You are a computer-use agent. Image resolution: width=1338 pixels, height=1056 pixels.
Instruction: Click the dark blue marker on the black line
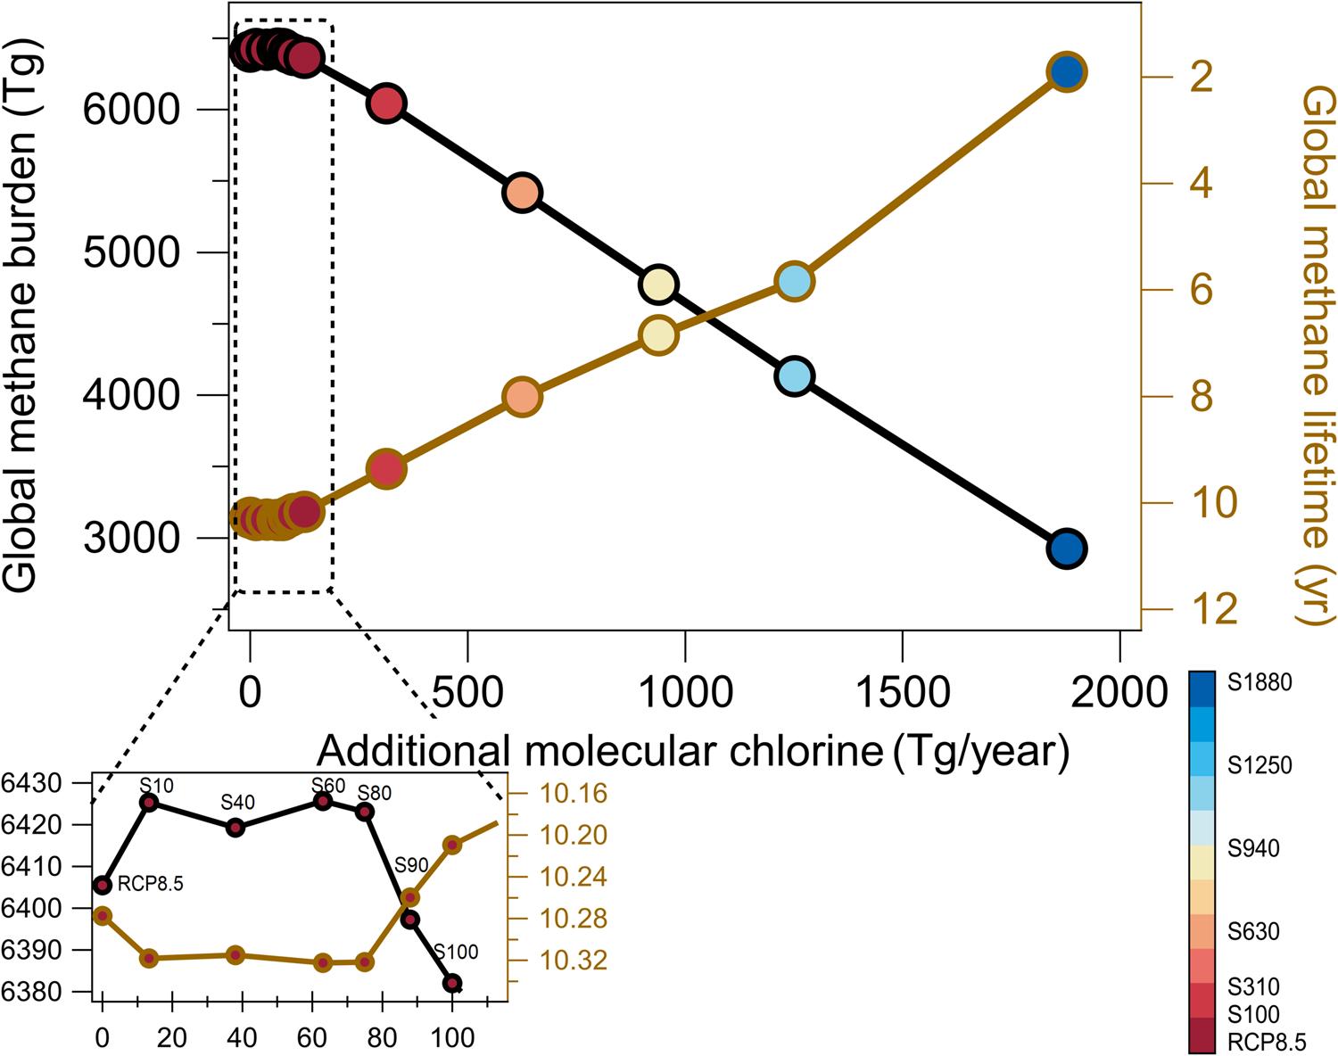1066,549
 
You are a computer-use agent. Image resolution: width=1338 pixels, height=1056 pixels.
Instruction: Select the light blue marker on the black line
794,375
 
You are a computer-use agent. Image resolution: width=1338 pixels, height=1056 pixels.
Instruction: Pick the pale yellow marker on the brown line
658,335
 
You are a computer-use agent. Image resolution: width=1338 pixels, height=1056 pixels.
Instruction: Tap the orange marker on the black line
523,192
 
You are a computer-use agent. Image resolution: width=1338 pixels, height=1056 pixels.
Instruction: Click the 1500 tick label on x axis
903,692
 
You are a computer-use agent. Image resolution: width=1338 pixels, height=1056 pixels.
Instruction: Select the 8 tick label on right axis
1201,396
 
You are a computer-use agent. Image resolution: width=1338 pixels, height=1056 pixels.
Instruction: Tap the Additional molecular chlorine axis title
692,751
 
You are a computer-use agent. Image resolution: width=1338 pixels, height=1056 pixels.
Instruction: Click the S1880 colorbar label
1259,683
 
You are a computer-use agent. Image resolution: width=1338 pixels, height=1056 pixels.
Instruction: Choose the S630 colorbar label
1252,932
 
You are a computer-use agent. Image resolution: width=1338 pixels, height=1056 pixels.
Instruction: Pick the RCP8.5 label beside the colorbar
1266,1042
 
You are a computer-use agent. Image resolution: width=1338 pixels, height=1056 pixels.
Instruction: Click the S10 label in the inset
156,786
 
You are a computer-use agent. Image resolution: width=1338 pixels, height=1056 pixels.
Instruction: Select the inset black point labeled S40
235,828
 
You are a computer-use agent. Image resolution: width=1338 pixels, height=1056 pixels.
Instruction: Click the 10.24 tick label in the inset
573,877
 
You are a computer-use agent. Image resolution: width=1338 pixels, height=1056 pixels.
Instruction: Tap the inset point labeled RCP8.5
103,885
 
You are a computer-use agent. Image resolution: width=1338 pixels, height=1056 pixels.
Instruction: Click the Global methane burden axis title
21,317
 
